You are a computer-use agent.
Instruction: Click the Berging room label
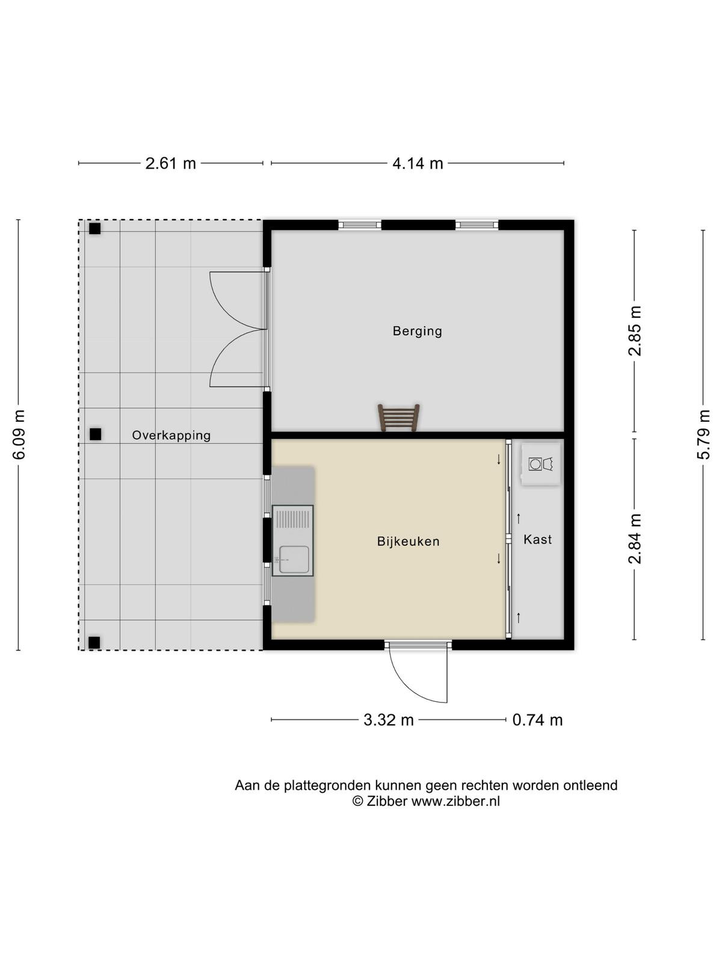coord(417,331)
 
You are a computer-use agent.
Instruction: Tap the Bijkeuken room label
coord(408,542)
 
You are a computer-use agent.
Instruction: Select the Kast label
coord(537,540)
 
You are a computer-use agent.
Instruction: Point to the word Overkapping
coord(171,436)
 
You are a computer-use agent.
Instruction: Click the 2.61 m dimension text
coord(170,164)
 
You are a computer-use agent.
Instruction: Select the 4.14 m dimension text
coord(418,164)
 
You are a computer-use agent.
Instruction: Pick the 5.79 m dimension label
coord(703,435)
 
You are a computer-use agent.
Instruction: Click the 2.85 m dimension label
coord(635,331)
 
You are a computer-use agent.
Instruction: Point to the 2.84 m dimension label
coord(635,539)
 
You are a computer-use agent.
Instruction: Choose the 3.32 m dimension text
coord(389,720)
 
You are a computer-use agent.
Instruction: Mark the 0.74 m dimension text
coord(537,720)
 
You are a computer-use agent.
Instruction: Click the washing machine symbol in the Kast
coord(540,464)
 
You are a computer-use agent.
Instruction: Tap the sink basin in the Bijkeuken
coord(294,560)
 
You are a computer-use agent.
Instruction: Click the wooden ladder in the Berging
coord(398,418)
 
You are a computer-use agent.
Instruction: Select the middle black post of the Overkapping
coord(95,435)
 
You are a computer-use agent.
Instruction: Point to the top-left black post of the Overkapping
coord(94,229)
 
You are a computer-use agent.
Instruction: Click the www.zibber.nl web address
coord(456,801)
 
